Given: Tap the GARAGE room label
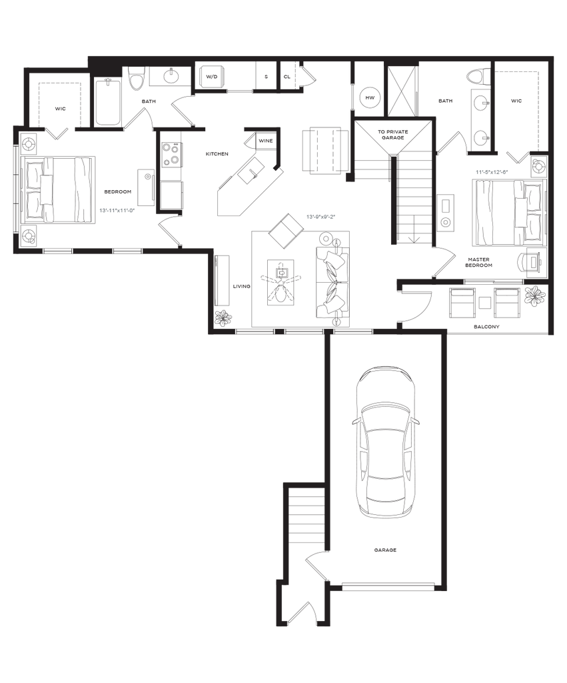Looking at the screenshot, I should click(x=385, y=550).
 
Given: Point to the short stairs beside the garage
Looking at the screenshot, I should click(x=303, y=514).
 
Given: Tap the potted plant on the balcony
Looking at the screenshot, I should click(x=534, y=296).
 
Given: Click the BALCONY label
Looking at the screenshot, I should click(x=487, y=327).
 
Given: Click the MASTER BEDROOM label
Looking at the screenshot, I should click(x=479, y=261).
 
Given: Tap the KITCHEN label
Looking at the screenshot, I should click(x=217, y=155).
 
